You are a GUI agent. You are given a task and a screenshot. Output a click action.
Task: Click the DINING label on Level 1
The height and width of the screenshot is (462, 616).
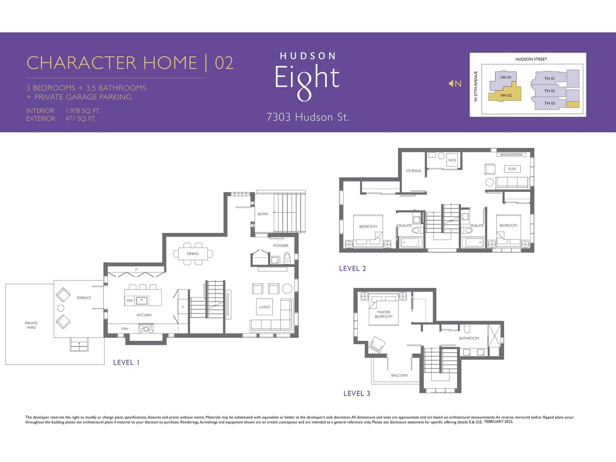(192, 254)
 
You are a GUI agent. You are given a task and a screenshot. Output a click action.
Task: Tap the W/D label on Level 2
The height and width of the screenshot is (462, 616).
(452, 160)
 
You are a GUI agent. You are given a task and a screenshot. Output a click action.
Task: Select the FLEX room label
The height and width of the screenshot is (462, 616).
(512, 169)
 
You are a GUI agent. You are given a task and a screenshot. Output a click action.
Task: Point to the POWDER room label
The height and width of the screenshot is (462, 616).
(281, 246)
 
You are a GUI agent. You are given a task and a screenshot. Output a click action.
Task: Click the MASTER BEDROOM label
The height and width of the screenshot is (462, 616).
(383, 314)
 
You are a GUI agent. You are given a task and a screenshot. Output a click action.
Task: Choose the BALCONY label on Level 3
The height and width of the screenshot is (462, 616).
(399, 375)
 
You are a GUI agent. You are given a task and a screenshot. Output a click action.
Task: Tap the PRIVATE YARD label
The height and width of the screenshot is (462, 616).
(31, 325)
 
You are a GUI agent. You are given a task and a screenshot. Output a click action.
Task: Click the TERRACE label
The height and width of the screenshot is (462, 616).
(84, 298)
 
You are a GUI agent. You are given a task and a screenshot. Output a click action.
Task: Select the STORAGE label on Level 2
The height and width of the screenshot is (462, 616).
(413, 171)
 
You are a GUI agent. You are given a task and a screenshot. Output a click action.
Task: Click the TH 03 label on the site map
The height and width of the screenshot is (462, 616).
(549, 103)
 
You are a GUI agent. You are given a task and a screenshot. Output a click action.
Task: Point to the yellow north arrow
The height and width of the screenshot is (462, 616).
(451, 83)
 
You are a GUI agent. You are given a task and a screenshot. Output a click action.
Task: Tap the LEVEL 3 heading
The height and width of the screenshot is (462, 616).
(357, 393)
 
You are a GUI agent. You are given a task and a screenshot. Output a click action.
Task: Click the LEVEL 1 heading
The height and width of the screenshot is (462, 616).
(126, 362)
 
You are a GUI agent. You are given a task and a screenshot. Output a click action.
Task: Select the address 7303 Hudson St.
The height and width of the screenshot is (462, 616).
(308, 117)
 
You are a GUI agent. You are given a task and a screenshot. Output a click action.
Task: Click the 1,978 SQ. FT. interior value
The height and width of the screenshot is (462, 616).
(83, 111)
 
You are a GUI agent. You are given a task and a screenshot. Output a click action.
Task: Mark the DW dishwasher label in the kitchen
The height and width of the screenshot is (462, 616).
(130, 300)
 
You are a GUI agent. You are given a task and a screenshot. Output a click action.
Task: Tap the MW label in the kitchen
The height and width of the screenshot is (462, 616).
(125, 328)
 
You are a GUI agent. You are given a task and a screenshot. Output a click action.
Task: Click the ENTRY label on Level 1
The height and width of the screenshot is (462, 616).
(263, 214)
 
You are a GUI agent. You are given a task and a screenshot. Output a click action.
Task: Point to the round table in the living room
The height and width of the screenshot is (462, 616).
(287, 288)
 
